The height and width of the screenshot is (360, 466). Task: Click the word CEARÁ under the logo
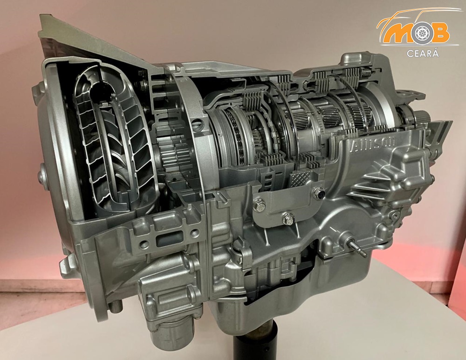click(x=422, y=54)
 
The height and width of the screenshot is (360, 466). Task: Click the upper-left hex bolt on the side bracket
click(x=260, y=206)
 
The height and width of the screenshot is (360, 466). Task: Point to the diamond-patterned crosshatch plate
click(x=302, y=178)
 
